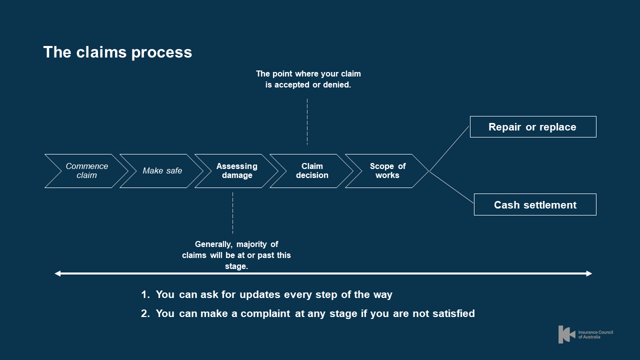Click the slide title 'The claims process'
pyautogui.click(x=117, y=52)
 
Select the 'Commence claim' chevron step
pyautogui.click(x=86, y=171)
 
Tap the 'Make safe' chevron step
pyautogui.click(x=162, y=171)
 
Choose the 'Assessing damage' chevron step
pyautogui.click(x=237, y=171)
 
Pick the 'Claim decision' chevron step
pyautogui.click(x=312, y=171)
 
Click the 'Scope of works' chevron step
pyautogui.click(x=387, y=171)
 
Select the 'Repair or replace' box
pyautogui.click(x=532, y=127)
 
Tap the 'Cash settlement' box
pyautogui.click(x=535, y=205)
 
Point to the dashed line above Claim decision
pyautogui.click(x=307, y=121)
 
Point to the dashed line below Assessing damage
pyautogui.click(x=232, y=212)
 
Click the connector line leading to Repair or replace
pyautogui.click(x=449, y=148)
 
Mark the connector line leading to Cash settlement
pyautogui.click(x=451, y=187)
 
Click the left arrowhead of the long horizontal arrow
pyautogui.click(x=57, y=273)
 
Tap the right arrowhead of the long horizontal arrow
pyautogui.click(x=589, y=273)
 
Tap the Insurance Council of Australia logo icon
pyautogui.click(x=566, y=334)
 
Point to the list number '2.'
pyautogui.click(x=145, y=314)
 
